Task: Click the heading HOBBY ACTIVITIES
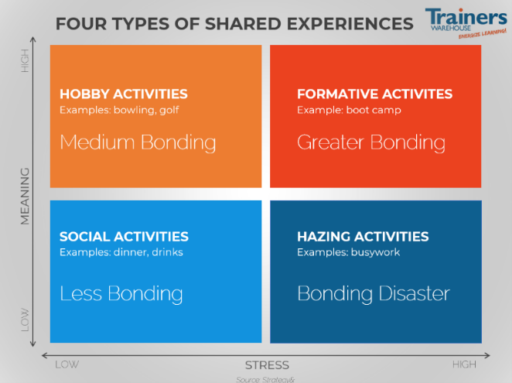pos(124,94)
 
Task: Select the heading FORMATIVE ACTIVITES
pos(374,94)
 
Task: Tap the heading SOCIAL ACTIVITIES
pos(124,237)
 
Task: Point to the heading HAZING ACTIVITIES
pos(363,237)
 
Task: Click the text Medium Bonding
pos(138,142)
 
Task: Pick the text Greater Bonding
pos(371,142)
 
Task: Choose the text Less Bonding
pos(121,294)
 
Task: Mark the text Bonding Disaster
pos(374,294)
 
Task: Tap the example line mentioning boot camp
pos(349,110)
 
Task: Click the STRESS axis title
pos(267,365)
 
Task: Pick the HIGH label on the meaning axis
pos(26,63)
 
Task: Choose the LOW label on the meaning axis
pos(26,319)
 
